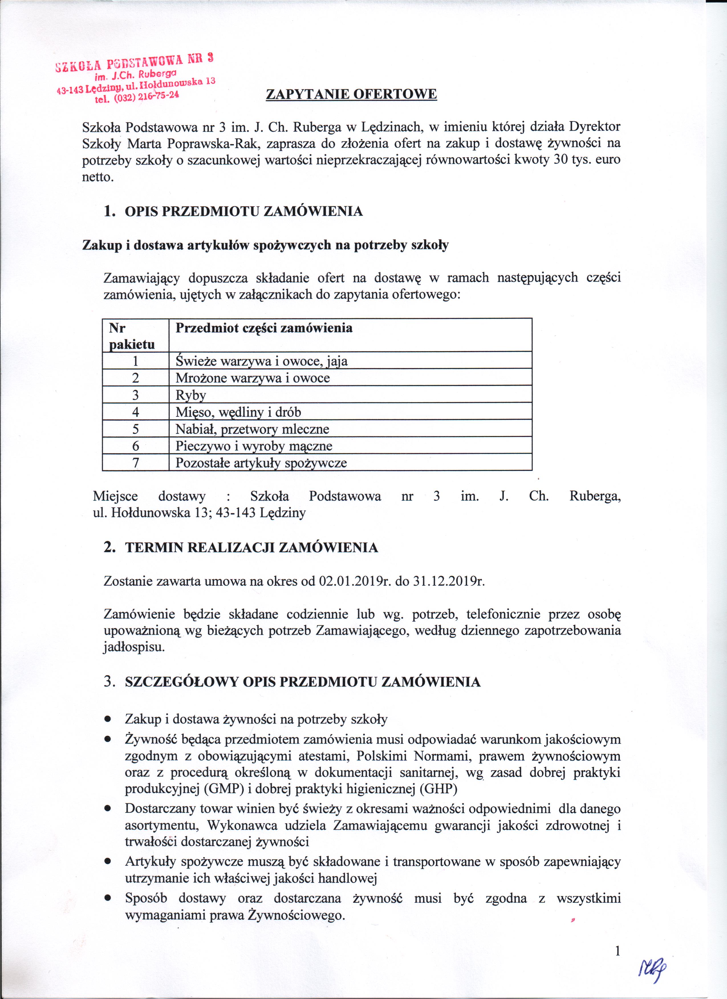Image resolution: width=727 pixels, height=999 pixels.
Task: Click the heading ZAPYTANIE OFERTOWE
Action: click(x=351, y=94)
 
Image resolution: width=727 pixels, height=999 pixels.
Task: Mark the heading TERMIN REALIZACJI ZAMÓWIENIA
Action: click(x=251, y=547)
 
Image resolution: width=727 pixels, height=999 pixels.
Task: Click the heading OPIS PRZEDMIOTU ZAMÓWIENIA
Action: click(x=244, y=211)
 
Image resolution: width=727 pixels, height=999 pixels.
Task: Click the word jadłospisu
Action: click(x=134, y=647)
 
